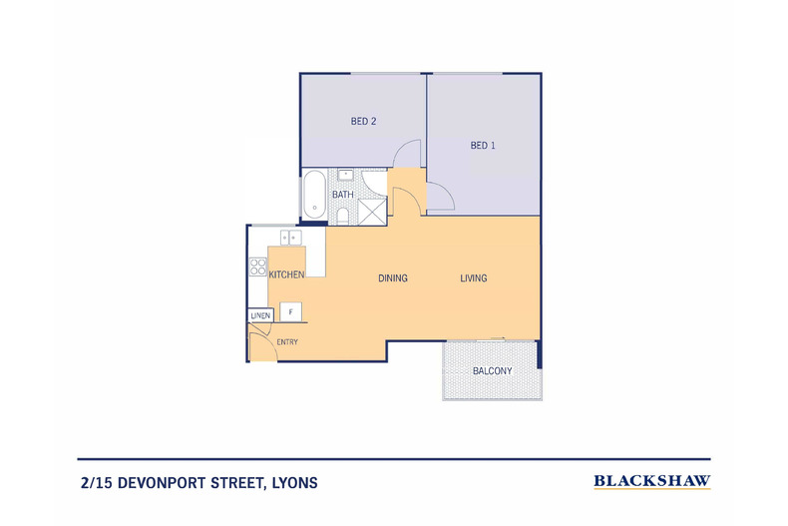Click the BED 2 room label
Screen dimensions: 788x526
click(363, 121)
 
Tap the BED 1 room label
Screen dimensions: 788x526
click(483, 146)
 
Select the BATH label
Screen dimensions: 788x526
click(343, 194)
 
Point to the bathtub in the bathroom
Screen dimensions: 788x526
click(314, 195)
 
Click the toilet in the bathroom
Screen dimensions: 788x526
click(343, 216)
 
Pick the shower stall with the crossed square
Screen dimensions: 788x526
click(372, 212)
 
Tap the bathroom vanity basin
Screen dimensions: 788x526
click(346, 175)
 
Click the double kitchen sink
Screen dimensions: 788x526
click(291, 238)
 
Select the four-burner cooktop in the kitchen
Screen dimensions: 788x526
click(257, 266)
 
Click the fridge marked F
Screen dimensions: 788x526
click(290, 311)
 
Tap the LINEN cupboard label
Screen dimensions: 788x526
click(260, 315)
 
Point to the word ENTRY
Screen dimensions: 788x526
click(287, 342)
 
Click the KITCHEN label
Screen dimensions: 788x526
click(286, 274)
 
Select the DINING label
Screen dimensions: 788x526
click(393, 278)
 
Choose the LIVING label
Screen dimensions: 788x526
click(474, 278)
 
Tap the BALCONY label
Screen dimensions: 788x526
click(492, 371)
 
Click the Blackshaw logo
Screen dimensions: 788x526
click(651, 482)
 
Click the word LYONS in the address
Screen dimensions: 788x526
click(294, 483)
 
